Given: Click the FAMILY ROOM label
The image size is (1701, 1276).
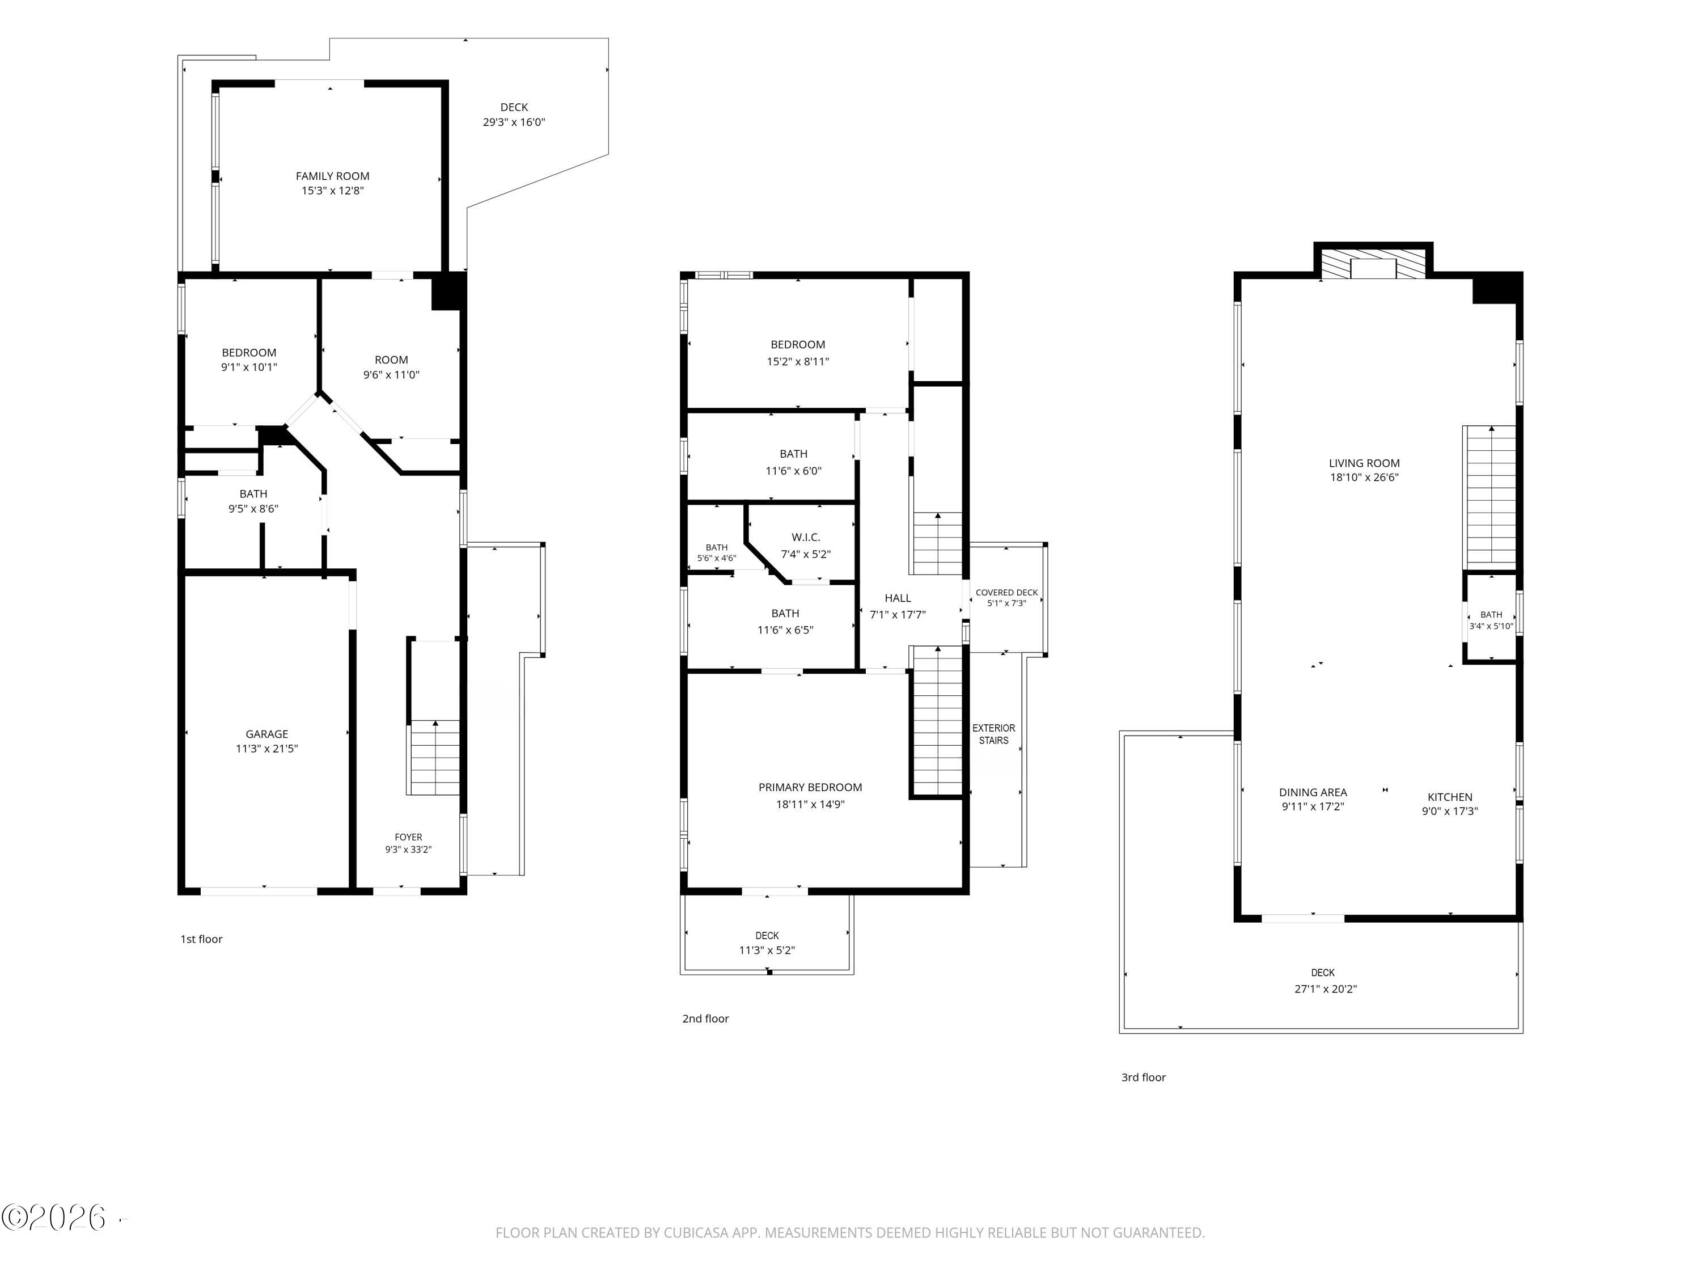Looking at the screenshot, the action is [x=332, y=176].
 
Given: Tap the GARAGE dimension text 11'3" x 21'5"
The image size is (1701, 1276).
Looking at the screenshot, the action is [x=267, y=749].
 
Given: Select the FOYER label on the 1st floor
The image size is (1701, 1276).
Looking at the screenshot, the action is [x=408, y=837].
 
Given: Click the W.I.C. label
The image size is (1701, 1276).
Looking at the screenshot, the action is [x=806, y=537].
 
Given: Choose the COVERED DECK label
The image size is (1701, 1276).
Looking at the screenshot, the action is [x=1006, y=592].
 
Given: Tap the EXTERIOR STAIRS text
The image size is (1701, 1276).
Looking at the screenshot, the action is [x=993, y=734].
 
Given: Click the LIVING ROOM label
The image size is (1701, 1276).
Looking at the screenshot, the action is [x=1364, y=463].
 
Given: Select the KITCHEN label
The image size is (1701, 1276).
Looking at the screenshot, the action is [x=1450, y=797].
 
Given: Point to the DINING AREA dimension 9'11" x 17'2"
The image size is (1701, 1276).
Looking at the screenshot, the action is [x=1313, y=807].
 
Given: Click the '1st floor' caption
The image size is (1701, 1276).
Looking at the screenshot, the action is [x=201, y=939].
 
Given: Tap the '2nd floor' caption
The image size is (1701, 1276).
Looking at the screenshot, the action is [x=705, y=1019].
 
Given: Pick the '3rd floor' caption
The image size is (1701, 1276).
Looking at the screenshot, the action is [x=1144, y=1078].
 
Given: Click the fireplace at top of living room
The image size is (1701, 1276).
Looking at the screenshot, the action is [x=1373, y=263].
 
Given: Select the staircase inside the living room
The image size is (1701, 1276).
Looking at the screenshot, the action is [x=1490, y=497].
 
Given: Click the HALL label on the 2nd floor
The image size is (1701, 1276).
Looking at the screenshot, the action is [x=898, y=598].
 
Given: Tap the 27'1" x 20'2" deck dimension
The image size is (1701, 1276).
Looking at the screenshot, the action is [x=1326, y=989].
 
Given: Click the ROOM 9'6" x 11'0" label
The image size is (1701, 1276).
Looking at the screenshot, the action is [x=391, y=367].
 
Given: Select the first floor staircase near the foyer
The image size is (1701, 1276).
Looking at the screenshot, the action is [x=434, y=758].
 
